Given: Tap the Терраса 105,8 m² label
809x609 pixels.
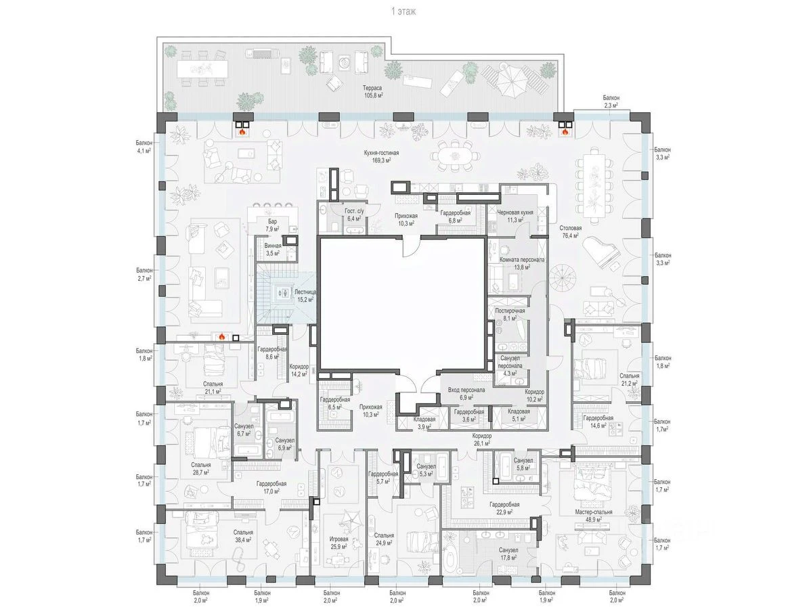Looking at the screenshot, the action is [373, 92].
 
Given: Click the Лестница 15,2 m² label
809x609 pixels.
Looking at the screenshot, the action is [305, 296].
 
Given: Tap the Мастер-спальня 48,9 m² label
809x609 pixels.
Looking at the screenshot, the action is [593, 516].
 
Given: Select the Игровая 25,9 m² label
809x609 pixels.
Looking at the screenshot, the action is [338, 543].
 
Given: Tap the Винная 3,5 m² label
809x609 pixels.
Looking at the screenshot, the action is [272, 250].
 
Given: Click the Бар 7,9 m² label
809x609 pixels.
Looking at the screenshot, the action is [272, 225].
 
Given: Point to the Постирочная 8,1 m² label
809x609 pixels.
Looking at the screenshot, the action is [510, 315].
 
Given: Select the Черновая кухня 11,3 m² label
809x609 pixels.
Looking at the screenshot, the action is [515, 216].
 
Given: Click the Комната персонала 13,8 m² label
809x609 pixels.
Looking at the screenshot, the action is [521, 263].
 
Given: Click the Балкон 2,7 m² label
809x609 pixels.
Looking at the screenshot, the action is [144, 274].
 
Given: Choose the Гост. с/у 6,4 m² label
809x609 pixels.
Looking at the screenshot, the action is [355, 215].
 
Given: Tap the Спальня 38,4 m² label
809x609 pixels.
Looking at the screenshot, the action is [242, 536].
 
